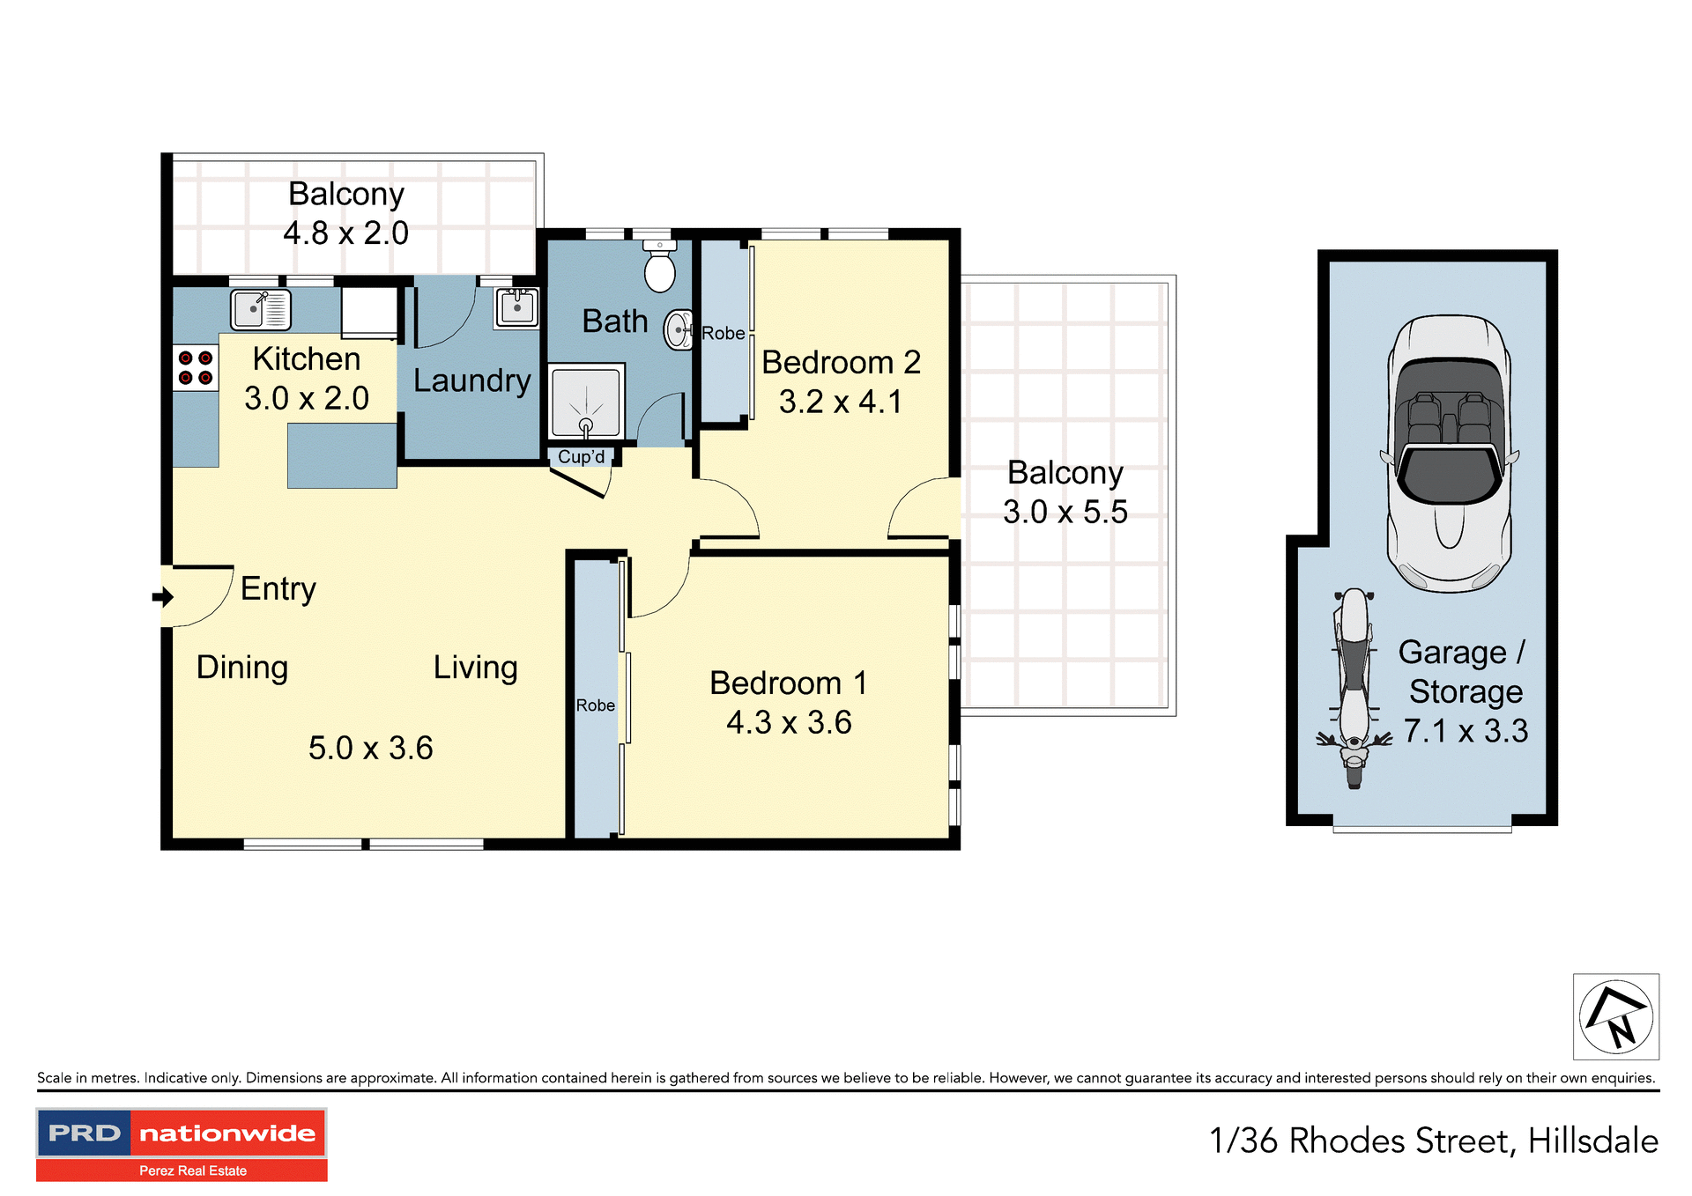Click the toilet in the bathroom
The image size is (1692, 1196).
(x=659, y=266)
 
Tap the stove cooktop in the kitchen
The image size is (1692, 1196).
(x=195, y=368)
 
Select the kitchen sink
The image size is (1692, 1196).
(x=261, y=309)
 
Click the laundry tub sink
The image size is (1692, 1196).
(x=516, y=307)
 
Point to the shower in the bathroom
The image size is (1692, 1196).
(x=586, y=402)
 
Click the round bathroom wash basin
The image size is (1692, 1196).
(x=679, y=330)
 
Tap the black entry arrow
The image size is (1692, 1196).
(x=163, y=597)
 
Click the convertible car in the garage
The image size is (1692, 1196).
(x=1449, y=453)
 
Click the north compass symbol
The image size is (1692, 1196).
(x=1615, y=1016)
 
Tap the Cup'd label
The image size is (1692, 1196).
(x=581, y=457)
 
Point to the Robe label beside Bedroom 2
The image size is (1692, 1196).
(x=723, y=334)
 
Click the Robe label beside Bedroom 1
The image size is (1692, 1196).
(x=595, y=705)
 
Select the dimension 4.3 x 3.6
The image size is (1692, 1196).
(x=789, y=723)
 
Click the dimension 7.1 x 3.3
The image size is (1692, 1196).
(x=1466, y=731)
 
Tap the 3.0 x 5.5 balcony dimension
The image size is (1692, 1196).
(x=1065, y=512)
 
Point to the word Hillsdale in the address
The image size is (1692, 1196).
(x=1592, y=1141)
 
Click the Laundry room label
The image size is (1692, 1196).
(x=471, y=380)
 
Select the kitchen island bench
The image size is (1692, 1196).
(x=342, y=455)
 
